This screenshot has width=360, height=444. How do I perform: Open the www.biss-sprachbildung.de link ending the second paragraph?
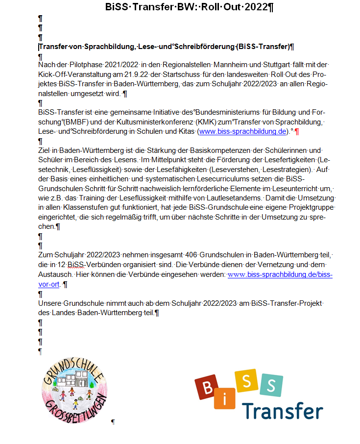[x=242, y=131]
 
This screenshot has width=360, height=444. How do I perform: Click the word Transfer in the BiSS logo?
[x=283, y=411]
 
